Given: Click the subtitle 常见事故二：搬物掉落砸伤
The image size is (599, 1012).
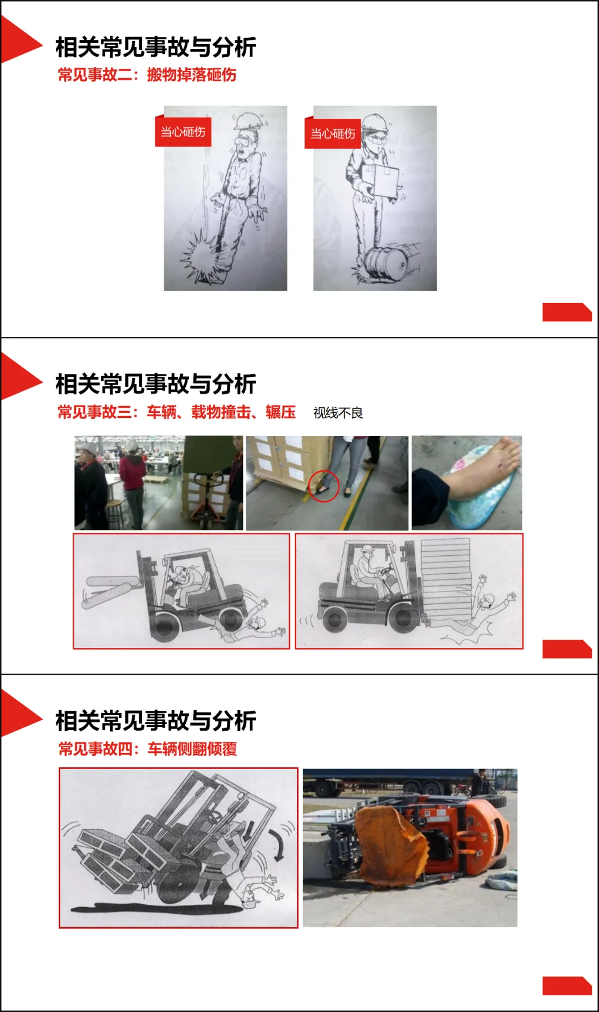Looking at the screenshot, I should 147,74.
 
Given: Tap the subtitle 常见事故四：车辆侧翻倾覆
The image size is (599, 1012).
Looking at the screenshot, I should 148,748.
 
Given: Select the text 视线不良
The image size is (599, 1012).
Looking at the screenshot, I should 338,413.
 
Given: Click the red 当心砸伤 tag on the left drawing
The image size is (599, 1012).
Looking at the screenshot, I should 183,132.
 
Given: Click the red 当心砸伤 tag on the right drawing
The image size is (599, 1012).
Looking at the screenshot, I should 332,134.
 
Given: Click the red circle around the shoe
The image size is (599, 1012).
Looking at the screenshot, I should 323,486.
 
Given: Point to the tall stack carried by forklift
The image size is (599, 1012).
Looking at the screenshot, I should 445,577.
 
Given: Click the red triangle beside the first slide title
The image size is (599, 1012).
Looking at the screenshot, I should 19,40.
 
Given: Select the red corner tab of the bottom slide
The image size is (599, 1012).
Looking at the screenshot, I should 566,986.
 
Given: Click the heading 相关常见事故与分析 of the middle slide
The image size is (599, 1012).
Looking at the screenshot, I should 156,384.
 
